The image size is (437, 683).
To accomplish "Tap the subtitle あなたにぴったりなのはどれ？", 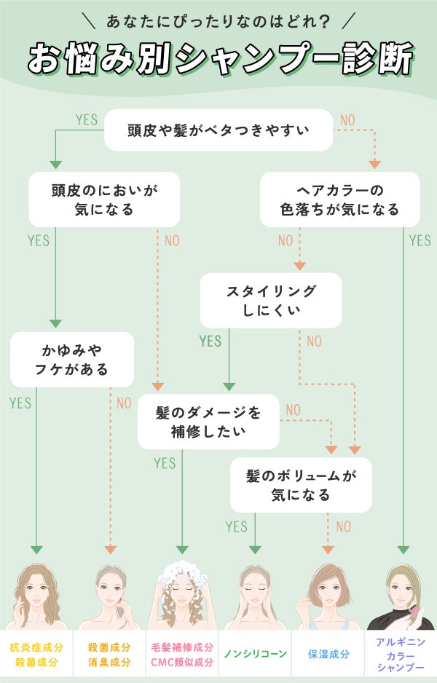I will tap(219, 21).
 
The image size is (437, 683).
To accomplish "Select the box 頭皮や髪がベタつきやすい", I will tap(219, 131).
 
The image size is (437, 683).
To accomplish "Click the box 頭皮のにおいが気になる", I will tap(104, 200).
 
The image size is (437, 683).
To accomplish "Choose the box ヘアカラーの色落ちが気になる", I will tap(340, 200).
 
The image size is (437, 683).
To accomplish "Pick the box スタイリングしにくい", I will tap(271, 300).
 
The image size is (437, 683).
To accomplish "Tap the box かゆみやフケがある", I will tap(72, 359).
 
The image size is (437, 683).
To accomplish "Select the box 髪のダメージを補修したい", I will tap(208, 422).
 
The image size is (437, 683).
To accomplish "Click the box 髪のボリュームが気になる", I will tap(301, 485).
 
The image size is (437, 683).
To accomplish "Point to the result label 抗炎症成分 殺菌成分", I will tap(36, 655).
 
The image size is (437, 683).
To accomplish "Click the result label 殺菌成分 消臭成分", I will tap(109, 655).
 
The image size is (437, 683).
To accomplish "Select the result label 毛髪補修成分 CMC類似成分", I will tap(182, 655).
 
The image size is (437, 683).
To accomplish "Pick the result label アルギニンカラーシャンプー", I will tap(401, 655).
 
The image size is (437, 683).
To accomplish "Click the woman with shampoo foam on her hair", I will tap(182, 593).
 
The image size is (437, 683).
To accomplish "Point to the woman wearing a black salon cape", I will tap(401, 597).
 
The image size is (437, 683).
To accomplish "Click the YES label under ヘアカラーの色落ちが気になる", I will tap(420, 240).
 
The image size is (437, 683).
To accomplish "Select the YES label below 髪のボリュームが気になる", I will tap(237, 526).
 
